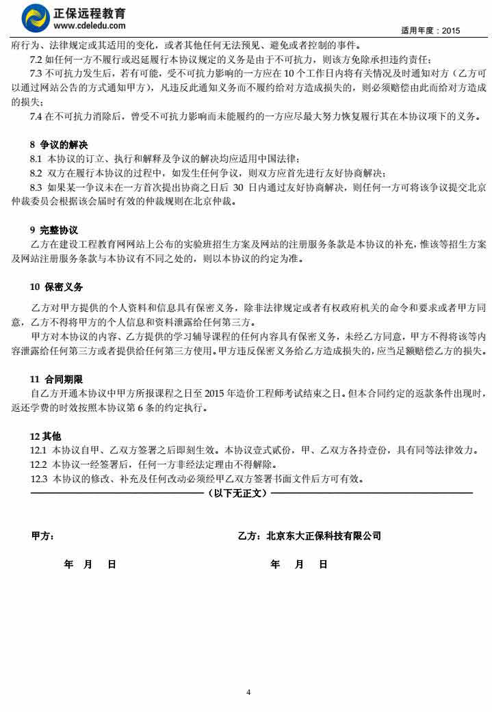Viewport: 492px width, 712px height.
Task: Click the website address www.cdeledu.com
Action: [89, 26]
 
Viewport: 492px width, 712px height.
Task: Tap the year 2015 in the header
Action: [451, 31]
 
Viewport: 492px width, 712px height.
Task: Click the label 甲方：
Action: [43, 536]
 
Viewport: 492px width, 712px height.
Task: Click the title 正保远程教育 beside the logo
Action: [89, 12]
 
